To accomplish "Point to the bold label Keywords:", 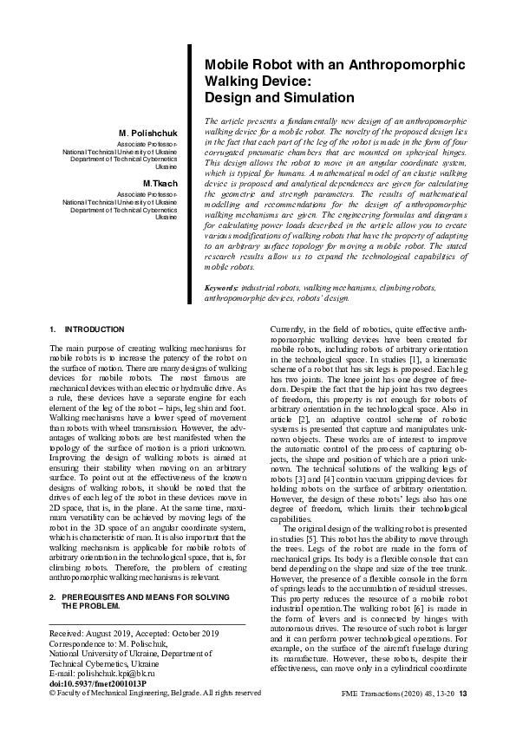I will click(x=221, y=286).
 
